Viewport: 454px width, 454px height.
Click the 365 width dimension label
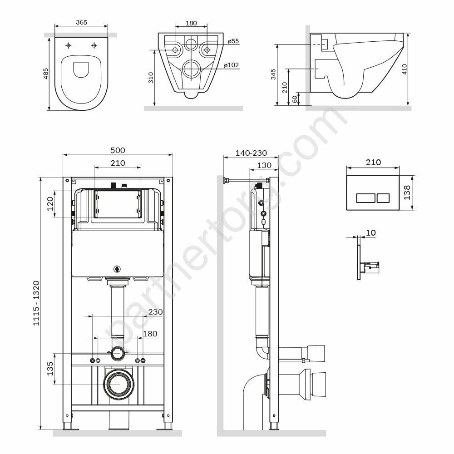tap(81, 22)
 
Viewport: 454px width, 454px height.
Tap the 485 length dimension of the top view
tap(46, 74)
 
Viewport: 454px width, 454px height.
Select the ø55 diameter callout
tap(233, 41)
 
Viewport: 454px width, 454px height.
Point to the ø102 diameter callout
tap(232, 65)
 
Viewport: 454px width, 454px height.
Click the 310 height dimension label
tap(151, 78)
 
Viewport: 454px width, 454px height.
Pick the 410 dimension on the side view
tap(405, 69)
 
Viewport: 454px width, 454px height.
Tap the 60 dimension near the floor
tap(295, 99)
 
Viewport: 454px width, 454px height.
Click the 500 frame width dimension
tap(118, 150)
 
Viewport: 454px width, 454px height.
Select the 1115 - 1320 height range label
tap(36, 303)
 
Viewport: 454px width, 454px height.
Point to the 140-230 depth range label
tap(251, 153)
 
